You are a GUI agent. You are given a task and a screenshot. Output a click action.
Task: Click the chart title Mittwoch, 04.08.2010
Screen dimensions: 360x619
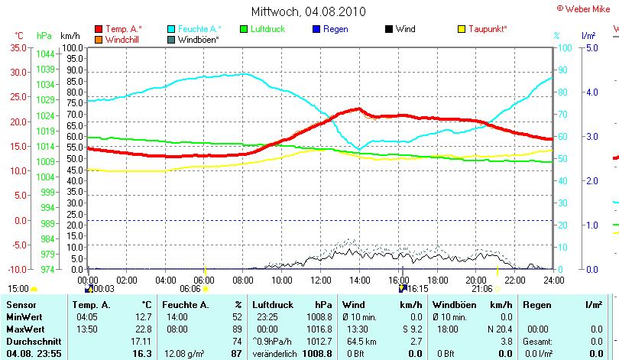pos(309,11)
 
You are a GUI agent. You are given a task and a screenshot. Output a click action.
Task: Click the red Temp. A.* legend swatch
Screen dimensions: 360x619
pos(99,29)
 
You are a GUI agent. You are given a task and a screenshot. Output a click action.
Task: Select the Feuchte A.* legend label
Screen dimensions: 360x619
pos(199,29)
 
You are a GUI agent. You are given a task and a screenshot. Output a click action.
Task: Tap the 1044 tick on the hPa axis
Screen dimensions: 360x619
pos(44,54)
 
